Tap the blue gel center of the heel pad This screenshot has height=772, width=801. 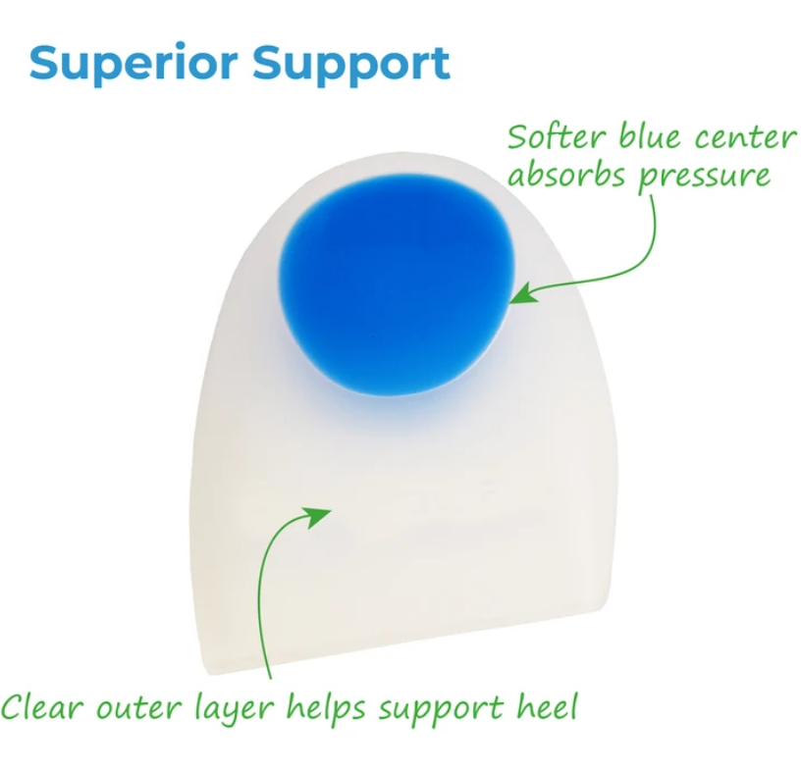[395, 284]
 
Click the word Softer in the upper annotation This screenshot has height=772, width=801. [558, 135]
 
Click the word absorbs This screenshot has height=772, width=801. [566, 174]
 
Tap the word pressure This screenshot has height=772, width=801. [704, 177]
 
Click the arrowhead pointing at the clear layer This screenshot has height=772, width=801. [317, 517]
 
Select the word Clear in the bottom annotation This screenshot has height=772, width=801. [41, 707]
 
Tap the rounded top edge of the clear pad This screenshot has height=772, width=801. [399, 153]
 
